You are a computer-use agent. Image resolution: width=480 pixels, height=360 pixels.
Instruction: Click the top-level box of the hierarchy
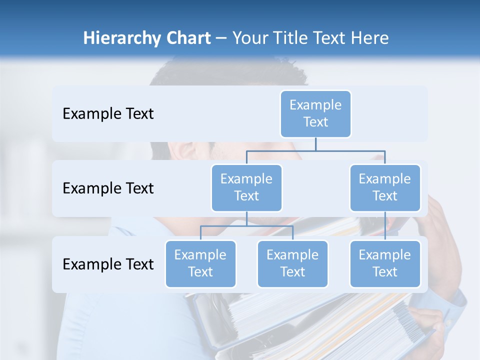tap(315, 114)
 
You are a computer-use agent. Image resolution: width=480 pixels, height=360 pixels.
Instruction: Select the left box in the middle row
tap(246, 188)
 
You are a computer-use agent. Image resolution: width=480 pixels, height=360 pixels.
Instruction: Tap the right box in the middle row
tap(385, 188)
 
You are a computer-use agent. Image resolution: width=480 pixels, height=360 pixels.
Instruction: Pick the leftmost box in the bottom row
tap(200, 264)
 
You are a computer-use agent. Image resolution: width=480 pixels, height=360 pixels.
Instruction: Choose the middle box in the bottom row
tap(292, 264)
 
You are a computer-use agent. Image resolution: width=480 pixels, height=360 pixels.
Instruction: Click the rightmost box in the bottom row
tap(385, 264)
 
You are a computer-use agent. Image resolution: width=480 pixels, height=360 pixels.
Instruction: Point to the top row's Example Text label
tap(108, 114)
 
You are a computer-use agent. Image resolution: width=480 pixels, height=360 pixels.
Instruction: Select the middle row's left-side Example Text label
tap(108, 188)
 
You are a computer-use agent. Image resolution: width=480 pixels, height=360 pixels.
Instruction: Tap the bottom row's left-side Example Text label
tap(108, 264)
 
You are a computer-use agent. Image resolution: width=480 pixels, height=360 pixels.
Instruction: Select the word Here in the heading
tap(370, 38)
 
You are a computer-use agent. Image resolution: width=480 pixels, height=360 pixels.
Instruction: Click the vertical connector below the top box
tap(315, 144)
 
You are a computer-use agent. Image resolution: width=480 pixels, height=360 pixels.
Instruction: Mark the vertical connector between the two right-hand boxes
tap(385, 226)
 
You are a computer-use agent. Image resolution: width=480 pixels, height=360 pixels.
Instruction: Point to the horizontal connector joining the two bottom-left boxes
tap(246, 226)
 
